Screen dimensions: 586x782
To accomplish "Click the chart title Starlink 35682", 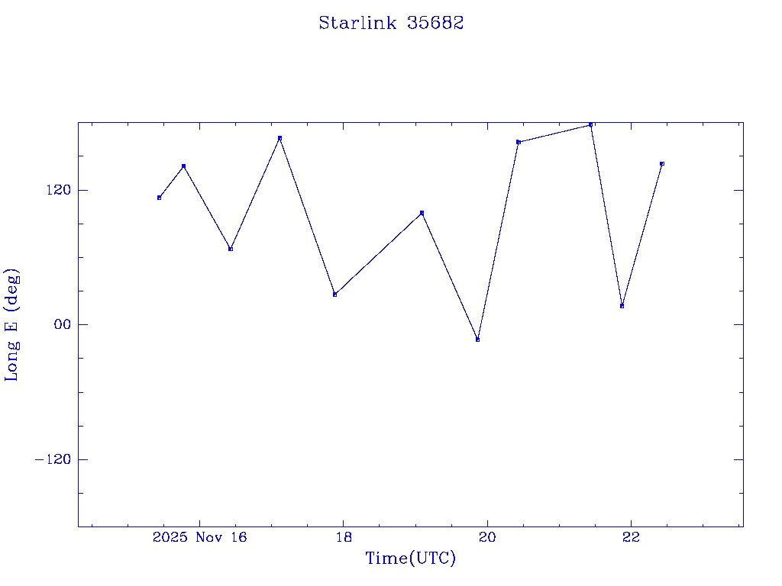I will [391, 23].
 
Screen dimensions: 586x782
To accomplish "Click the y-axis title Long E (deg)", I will [12, 324].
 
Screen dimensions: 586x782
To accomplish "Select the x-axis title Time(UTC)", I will [410, 559].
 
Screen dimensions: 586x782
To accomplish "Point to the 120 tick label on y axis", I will [56, 190].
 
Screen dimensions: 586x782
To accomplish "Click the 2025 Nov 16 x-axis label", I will [199, 537].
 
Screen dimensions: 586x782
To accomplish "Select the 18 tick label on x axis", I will [343, 537].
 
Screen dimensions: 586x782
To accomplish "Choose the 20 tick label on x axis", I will [487, 537].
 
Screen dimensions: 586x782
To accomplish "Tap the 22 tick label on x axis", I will [631, 537].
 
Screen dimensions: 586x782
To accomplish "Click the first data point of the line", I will [159, 198].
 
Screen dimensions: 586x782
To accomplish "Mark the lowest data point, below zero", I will [477, 340].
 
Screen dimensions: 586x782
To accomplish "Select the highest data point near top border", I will [590, 124].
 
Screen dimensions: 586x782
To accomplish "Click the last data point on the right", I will [662, 163].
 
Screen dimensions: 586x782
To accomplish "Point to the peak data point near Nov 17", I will [280, 138].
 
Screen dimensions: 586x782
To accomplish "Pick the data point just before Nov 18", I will [334, 295].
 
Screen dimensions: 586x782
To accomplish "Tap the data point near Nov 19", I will [422, 213].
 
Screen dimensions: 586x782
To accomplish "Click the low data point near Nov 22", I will [622, 306].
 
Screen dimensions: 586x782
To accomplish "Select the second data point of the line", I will [183, 166].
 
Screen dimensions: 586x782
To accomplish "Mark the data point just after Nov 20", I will [518, 142].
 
